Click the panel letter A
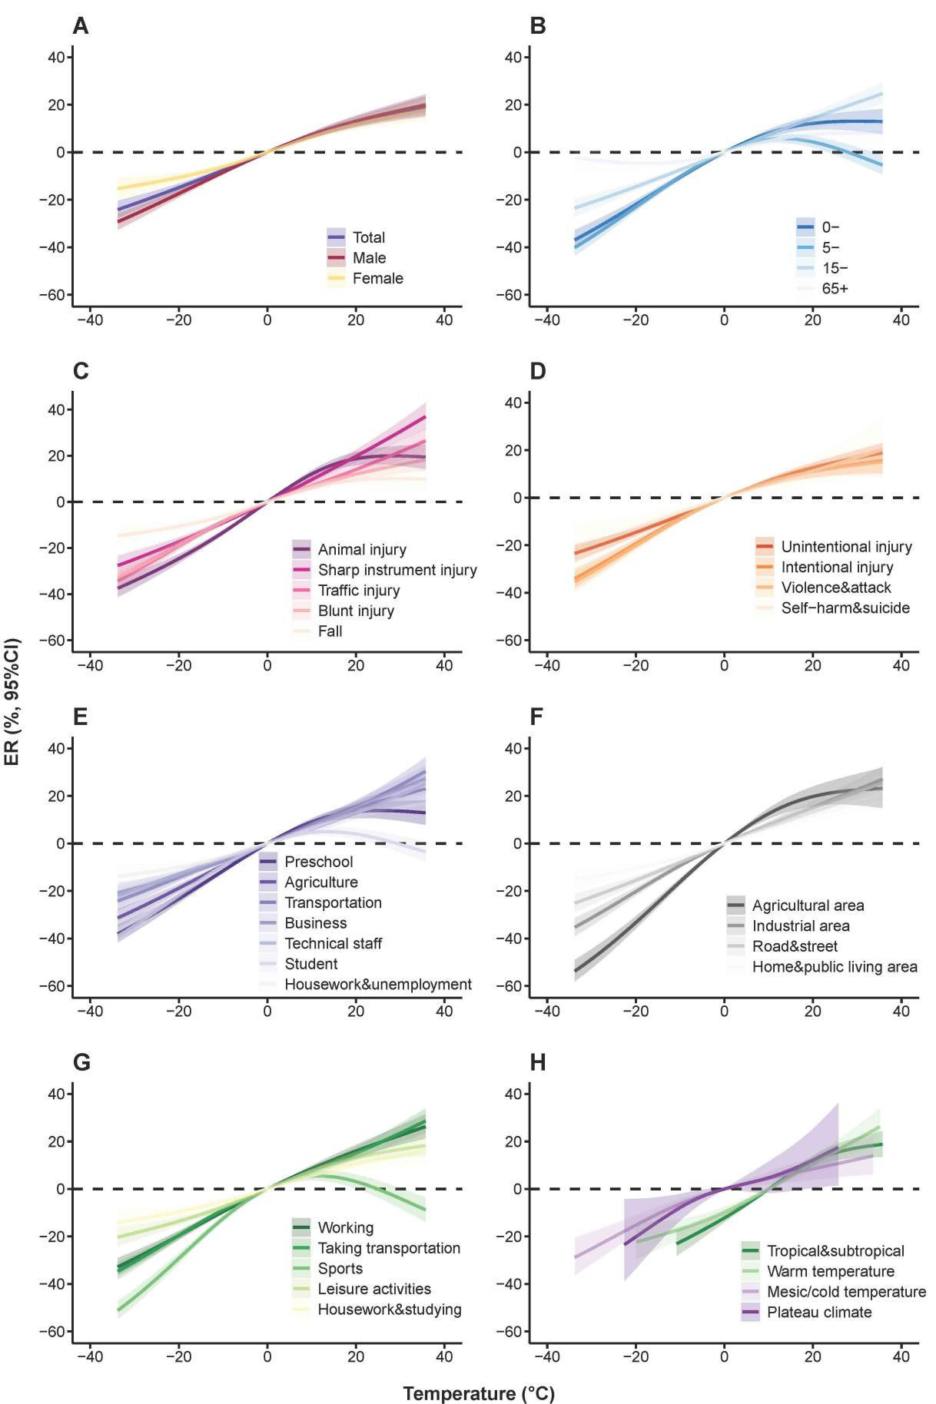(x=81, y=26)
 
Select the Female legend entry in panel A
(x=377, y=279)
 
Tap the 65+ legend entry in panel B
(x=835, y=289)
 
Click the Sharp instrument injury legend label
(x=397, y=570)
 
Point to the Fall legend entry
(x=330, y=631)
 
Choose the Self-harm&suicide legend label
(x=845, y=608)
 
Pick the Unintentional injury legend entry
(x=846, y=547)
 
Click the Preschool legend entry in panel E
(x=318, y=862)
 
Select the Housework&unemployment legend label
(x=378, y=985)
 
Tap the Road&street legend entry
(x=795, y=946)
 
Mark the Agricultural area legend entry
(x=808, y=906)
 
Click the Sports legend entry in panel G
(x=340, y=1269)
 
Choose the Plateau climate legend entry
(x=819, y=1313)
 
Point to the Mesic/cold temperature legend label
(x=846, y=1292)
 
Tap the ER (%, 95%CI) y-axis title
(x=13, y=702)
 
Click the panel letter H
(x=538, y=1062)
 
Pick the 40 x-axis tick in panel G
(x=444, y=1356)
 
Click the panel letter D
(x=538, y=371)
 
